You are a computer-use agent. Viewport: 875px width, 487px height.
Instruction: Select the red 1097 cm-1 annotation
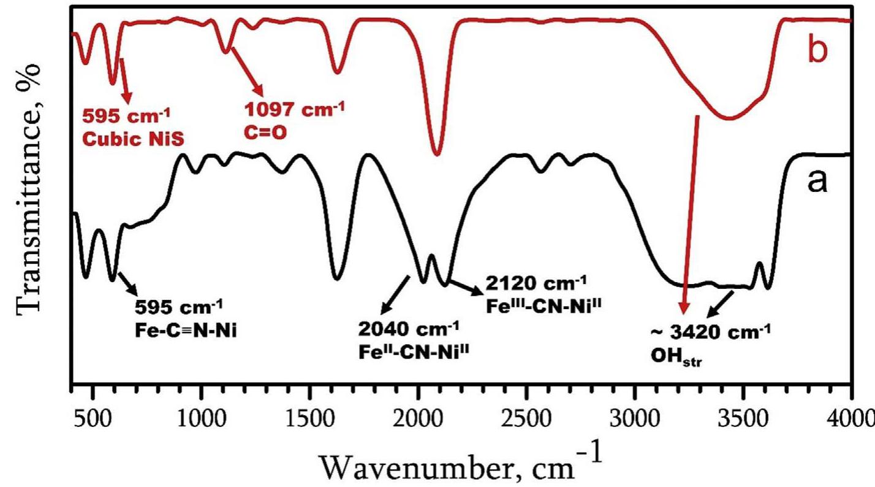tap(295, 111)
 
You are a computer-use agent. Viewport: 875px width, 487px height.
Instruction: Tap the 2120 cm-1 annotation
tap(537, 284)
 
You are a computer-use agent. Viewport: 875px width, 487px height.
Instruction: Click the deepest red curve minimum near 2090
tap(436, 153)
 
